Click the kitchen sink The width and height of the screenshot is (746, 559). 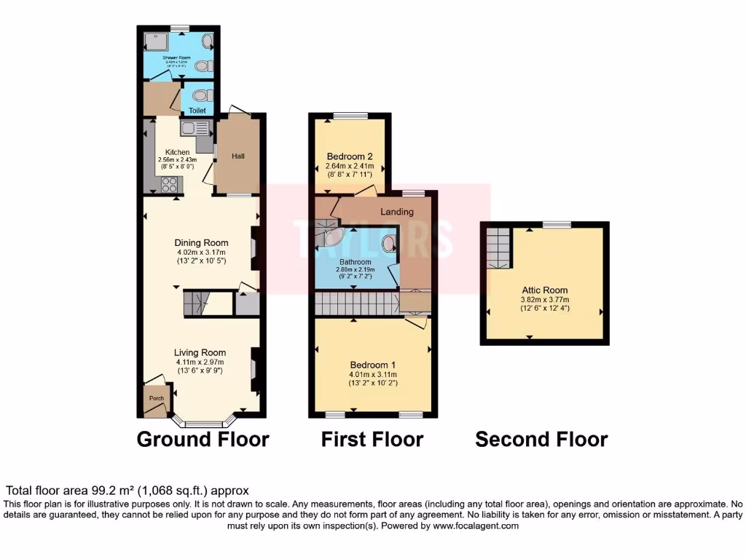(195, 129)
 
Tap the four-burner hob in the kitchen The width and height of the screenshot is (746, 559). (170, 185)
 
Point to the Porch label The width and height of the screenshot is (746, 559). (157, 398)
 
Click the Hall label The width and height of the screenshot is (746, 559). (238, 156)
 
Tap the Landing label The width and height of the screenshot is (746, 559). (398, 212)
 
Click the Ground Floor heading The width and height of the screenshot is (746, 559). (203, 440)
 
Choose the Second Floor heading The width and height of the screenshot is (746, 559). (541, 440)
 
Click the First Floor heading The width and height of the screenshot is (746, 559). (372, 440)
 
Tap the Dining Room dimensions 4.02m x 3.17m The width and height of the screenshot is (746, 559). (201, 252)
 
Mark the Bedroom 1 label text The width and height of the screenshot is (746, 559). (372, 365)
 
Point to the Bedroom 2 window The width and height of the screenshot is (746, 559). (350, 115)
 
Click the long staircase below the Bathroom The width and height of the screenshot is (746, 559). (356, 304)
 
